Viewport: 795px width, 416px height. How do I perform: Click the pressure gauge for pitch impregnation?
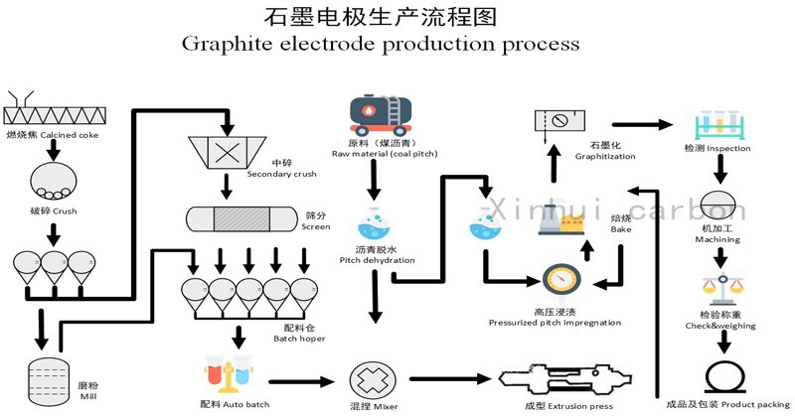point(563,281)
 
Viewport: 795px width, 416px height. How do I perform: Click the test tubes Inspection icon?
point(717,123)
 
